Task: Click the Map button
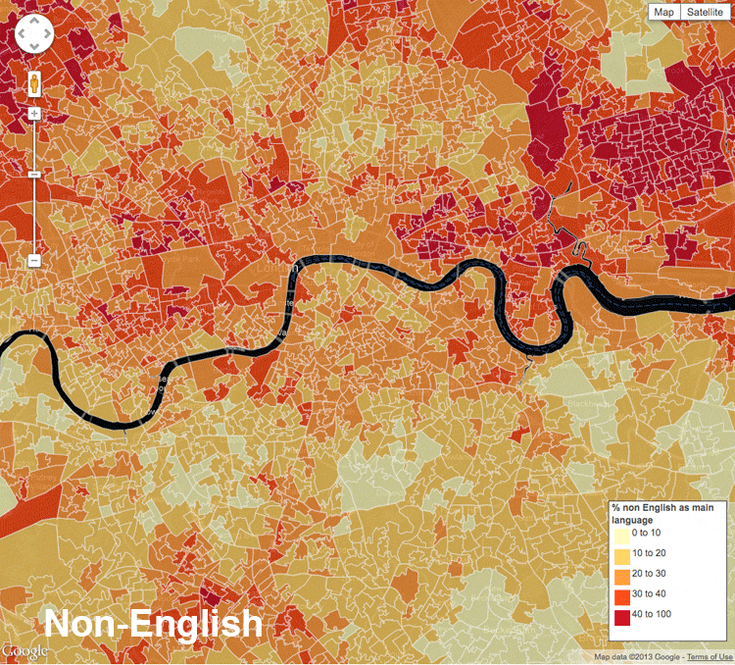(x=664, y=12)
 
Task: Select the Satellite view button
(x=704, y=12)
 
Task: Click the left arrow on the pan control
(x=21, y=35)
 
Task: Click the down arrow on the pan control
(x=34, y=49)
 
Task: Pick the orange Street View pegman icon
(x=34, y=84)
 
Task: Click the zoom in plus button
(x=34, y=114)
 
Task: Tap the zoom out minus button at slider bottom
(x=34, y=261)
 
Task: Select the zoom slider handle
(x=34, y=175)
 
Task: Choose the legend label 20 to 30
(x=652, y=575)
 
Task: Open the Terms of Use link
(x=710, y=657)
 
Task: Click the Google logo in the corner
(x=24, y=652)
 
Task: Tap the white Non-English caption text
(x=153, y=624)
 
